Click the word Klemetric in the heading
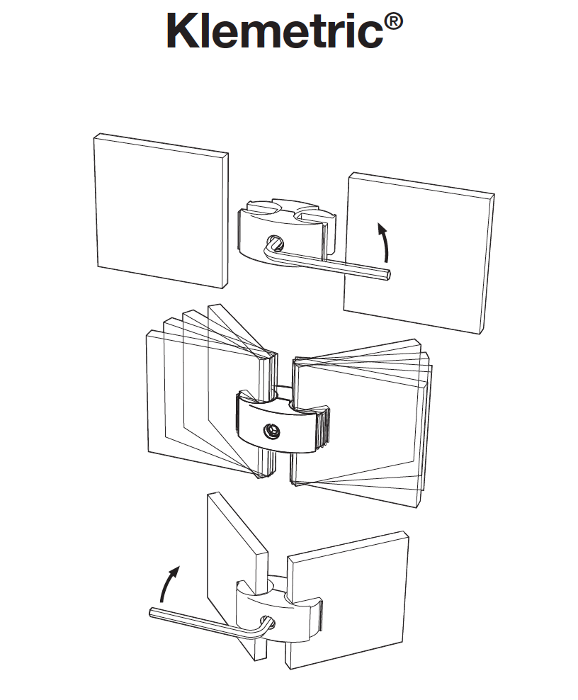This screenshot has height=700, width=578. tap(275, 30)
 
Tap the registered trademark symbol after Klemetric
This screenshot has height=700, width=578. tap(393, 22)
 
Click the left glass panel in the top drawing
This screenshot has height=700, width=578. tap(161, 210)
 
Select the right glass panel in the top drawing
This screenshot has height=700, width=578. tap(419, 253)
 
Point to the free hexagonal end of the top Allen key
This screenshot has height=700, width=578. tap(389, 273)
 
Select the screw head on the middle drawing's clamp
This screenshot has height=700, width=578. tap(271, 431)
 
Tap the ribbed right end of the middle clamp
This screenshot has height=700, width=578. tap(325, 427)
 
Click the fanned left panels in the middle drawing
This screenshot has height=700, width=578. tap(212, 393)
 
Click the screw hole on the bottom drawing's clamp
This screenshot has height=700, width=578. tap(271, 623)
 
